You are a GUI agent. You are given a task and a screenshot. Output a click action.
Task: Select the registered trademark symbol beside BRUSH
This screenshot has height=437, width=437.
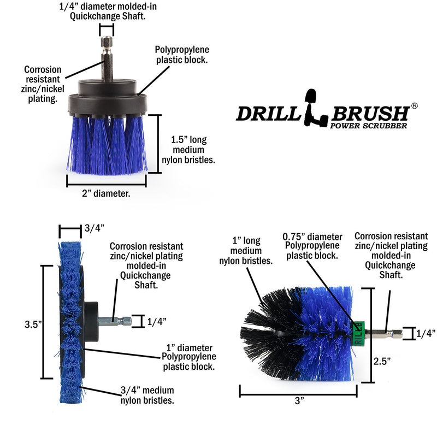[414, 105]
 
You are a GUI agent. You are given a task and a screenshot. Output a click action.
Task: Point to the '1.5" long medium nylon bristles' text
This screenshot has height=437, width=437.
[189, 150]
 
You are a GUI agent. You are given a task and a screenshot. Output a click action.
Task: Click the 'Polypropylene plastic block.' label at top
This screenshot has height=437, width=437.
[181, 55]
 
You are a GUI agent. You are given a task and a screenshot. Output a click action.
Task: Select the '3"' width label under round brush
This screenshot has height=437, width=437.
[298, 401]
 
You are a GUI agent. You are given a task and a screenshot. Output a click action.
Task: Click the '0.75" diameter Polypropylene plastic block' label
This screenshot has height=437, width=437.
[312, 246]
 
